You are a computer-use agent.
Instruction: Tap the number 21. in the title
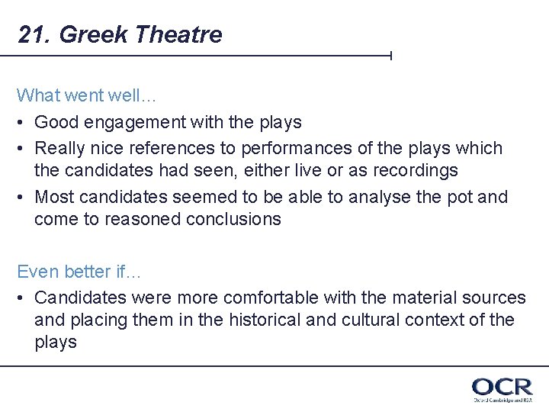[34, 35]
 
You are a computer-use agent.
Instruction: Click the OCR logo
[502, 388]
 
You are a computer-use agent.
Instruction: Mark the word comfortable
[296, 298]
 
